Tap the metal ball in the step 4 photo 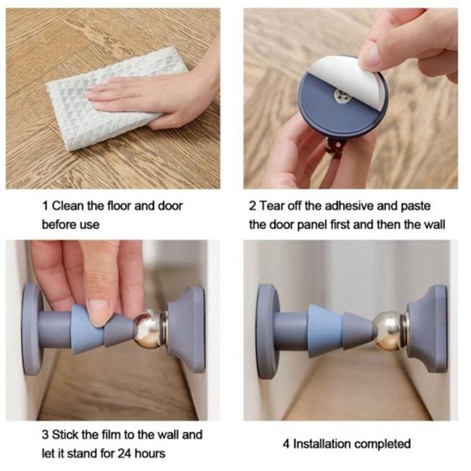[388, 331]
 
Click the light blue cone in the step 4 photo [325, 331]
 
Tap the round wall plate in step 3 [32, 329]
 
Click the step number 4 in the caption [286, 444]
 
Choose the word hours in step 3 [150, 453]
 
